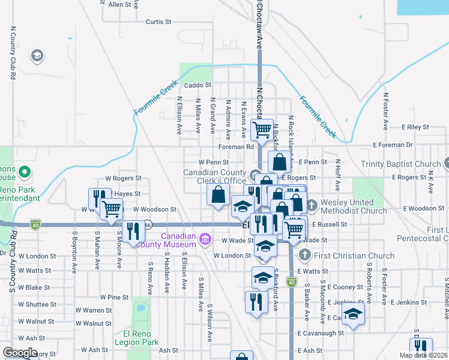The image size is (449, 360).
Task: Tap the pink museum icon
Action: click(x=205, y=240)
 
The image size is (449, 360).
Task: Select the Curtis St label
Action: click(x=158, y=22)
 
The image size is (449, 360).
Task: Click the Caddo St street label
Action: click(x=198, y=85)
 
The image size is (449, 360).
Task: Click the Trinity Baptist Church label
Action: click(x=400, y=164)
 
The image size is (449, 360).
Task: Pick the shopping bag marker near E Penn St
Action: click(x=280, y=161)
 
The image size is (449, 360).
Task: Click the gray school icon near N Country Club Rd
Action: click(x=37, y=56)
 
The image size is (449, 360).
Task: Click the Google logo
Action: click(x=20, y=353)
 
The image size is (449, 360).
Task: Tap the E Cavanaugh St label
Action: click(x=321, y=332)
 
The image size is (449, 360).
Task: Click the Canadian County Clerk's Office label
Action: click(x=215, y=176)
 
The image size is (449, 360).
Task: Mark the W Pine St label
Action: click(x=114, y=297)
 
